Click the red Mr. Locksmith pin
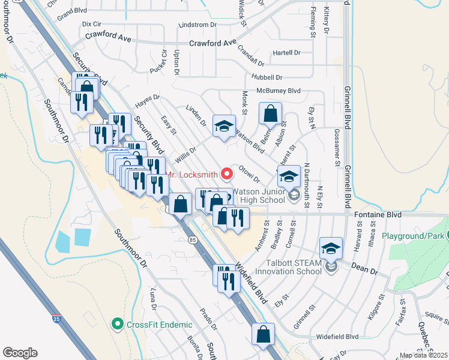227,175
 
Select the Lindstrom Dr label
197,25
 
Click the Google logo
20,353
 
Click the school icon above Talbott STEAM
331,247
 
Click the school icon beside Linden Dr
224,127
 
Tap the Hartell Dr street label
287,53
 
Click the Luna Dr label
154,300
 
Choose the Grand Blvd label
72,10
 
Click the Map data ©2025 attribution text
423,355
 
